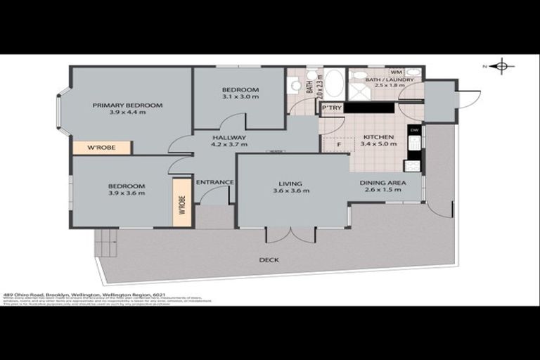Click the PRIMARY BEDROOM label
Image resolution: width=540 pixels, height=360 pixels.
[x=127, y=105]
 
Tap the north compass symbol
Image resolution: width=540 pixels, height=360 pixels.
[x=501, y=67]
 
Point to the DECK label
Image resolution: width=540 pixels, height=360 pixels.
[x=269, y=259]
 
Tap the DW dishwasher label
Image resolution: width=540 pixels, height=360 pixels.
[x=414, y=131]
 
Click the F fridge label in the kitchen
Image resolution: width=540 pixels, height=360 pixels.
[x=340, y=145]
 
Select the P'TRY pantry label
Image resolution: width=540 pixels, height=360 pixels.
[x=332, y=108]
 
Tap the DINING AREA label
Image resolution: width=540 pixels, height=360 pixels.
[x=382, y=183]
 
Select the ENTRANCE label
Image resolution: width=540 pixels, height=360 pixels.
[x=214, y=182]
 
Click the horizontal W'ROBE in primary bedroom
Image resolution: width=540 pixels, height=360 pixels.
[x=101, y=148]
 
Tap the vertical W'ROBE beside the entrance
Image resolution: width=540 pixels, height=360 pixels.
[x=182, y=202]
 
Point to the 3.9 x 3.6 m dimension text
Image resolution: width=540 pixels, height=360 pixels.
[x=127, y=192]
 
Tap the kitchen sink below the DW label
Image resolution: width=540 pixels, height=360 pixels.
[x=415, y=143]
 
